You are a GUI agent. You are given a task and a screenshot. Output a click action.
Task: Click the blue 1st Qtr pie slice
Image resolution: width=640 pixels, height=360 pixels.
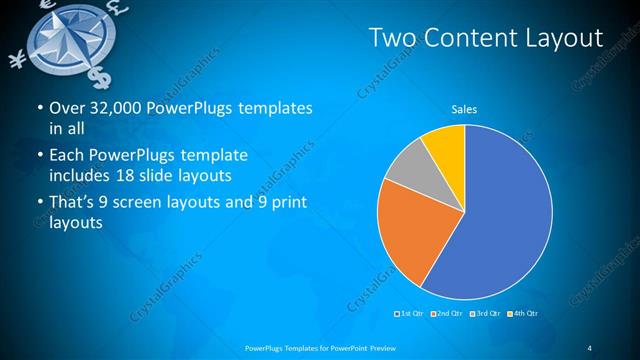[x=500, y=210]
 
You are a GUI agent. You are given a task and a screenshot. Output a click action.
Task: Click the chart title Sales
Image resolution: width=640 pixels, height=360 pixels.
[x=464, y=108]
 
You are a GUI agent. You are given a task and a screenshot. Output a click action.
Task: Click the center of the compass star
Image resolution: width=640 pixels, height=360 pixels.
[x=69, y=38]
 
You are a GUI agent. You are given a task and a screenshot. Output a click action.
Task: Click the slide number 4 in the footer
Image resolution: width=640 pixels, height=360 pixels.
[x=590, y=347]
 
